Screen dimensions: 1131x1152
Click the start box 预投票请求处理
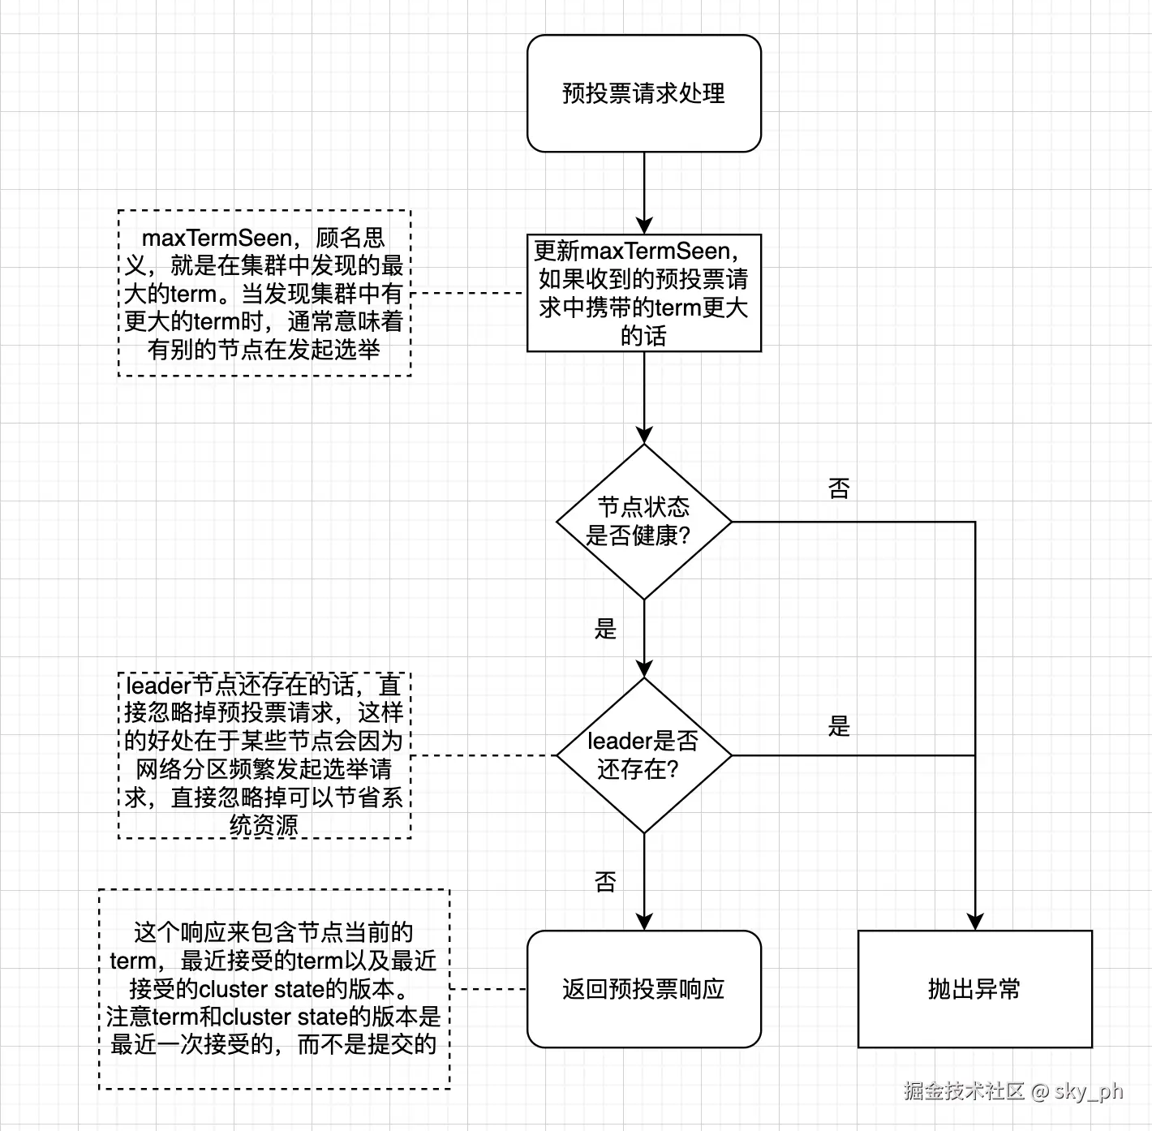643,93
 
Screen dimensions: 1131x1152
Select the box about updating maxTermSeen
643,293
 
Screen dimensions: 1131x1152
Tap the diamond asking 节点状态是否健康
643,522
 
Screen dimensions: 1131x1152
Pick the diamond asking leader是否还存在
643,755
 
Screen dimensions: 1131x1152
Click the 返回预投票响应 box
643,989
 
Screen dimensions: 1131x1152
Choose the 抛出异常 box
974,989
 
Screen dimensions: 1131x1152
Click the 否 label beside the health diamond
839,488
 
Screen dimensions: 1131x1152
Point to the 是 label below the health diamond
605,628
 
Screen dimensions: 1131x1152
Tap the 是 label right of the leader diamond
839,725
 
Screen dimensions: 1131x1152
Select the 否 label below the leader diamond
605,881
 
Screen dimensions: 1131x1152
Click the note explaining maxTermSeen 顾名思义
264,293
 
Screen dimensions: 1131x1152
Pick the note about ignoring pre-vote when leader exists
264,755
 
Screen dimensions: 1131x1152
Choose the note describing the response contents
273,989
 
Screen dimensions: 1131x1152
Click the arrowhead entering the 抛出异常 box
974,922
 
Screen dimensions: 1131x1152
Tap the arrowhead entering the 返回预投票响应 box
644,922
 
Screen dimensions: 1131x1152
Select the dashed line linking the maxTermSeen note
469,293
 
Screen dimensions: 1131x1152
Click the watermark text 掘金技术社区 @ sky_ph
1013,1090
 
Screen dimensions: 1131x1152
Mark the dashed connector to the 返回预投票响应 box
488,989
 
